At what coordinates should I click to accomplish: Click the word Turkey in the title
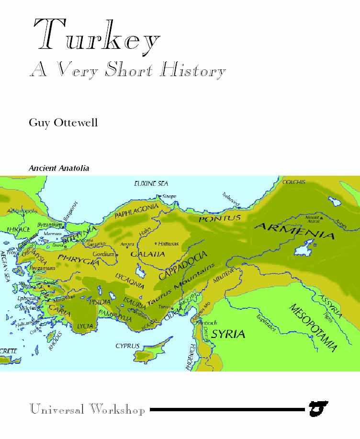[96, 36]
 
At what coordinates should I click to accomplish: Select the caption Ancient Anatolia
[59, 169]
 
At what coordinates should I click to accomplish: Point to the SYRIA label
[228, 334]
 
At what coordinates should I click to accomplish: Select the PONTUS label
[220, 218]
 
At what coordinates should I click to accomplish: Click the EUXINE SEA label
[151, 183]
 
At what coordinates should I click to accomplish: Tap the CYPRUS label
[127, 346]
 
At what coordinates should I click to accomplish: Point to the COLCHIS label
[294, 182]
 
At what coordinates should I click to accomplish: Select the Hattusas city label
[168, 244]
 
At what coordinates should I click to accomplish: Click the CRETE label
[8, 351]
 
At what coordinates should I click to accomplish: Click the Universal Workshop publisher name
[87, 410]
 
